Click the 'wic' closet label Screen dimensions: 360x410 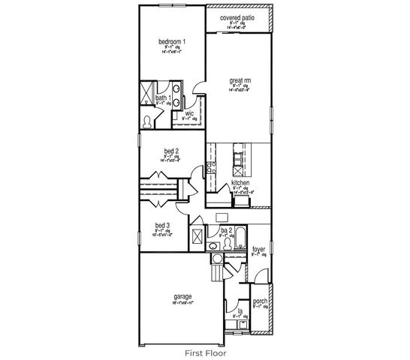(189, 113)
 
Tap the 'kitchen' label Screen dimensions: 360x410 (240, 182)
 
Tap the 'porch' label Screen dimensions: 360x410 (261, 301)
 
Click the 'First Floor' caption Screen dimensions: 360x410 (205, 350)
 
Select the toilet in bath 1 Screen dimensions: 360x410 (147, 120)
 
